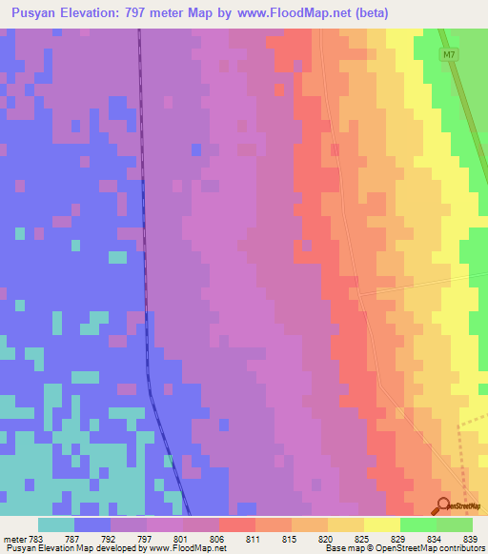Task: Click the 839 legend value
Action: (470, 539)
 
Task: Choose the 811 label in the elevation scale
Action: (254, 539)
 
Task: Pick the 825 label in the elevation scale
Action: (362, 539)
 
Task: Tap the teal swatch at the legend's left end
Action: (55, 524)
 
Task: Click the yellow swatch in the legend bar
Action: (381, 524)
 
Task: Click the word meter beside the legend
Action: (14, 539)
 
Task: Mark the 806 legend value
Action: (218, 539)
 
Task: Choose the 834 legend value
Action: (435, 539)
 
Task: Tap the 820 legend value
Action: (326, 539)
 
